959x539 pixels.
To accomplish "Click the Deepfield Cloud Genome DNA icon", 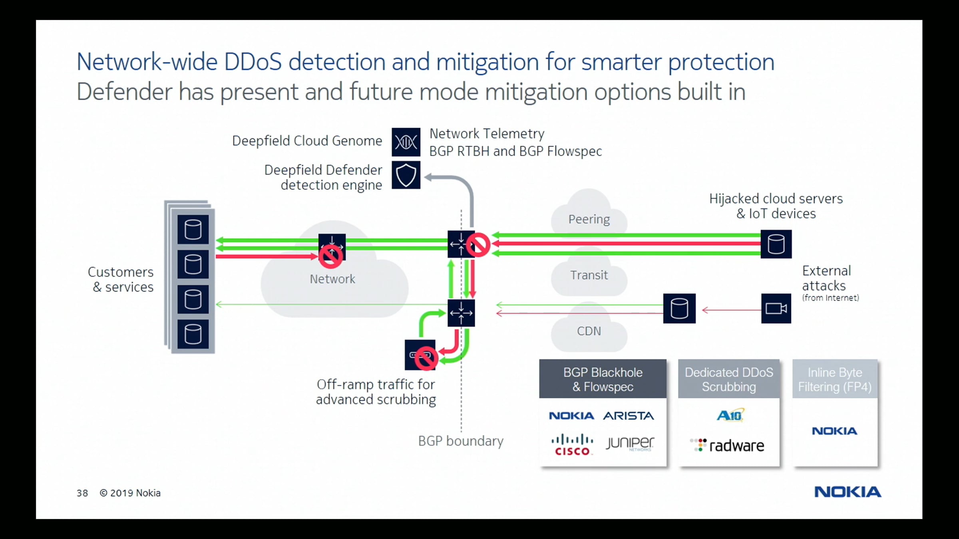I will click(x=406, y=142).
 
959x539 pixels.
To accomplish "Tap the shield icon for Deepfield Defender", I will click(x=406, y=175).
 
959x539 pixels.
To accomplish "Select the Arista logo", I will click(x=628, y=416).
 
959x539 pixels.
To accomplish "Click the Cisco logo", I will click(x=572, y=445).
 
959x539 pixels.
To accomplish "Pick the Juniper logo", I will click(x=630, y=443).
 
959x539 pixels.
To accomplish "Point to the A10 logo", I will click(x=730, y=415).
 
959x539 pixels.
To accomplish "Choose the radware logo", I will click(x=727, y=446).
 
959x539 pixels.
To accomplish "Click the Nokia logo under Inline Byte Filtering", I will click(x=834, y=431).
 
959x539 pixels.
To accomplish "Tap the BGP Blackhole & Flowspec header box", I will click(x=603, y=379).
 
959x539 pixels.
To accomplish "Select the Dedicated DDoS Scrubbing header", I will click(x=729, y=379).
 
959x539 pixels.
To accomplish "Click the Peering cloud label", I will click(x=589, y=219).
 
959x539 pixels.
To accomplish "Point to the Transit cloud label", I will click(x=589, y=275).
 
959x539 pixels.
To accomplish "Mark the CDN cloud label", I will click(x=589, y=331).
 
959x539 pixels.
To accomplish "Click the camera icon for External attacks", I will click(x=776, y=309).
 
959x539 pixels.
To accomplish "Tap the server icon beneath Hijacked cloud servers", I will click(x=776, y=244).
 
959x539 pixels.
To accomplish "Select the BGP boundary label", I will click(x=461, y=441).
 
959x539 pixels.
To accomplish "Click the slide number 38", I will click(x=82, y=493).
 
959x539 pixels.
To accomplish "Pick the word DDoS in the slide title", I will click(x=253, y=62).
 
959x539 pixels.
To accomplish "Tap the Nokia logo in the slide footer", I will click(x=848, y=492).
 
